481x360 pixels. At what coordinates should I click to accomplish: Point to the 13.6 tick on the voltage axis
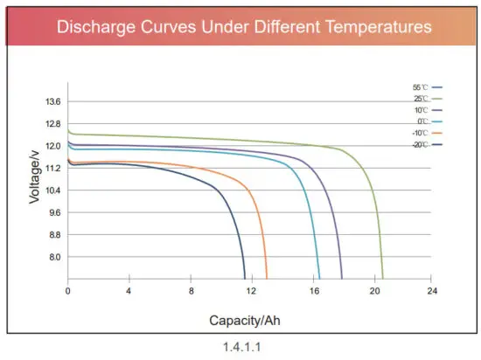[x=52, y=102]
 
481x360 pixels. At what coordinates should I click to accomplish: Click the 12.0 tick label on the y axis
[x=52, y=146]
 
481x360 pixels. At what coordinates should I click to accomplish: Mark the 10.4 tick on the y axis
[x=52, y=190]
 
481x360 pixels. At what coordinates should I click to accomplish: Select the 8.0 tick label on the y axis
[x=54, y=257]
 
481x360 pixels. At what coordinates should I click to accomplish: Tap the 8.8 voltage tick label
[x=54, y=235]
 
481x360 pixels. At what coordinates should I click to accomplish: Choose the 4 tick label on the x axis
[x=129, y=290]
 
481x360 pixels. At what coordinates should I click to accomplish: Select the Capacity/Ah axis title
[x=245, y=320]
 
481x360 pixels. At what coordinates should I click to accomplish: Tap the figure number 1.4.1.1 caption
[x=242, y=347]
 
